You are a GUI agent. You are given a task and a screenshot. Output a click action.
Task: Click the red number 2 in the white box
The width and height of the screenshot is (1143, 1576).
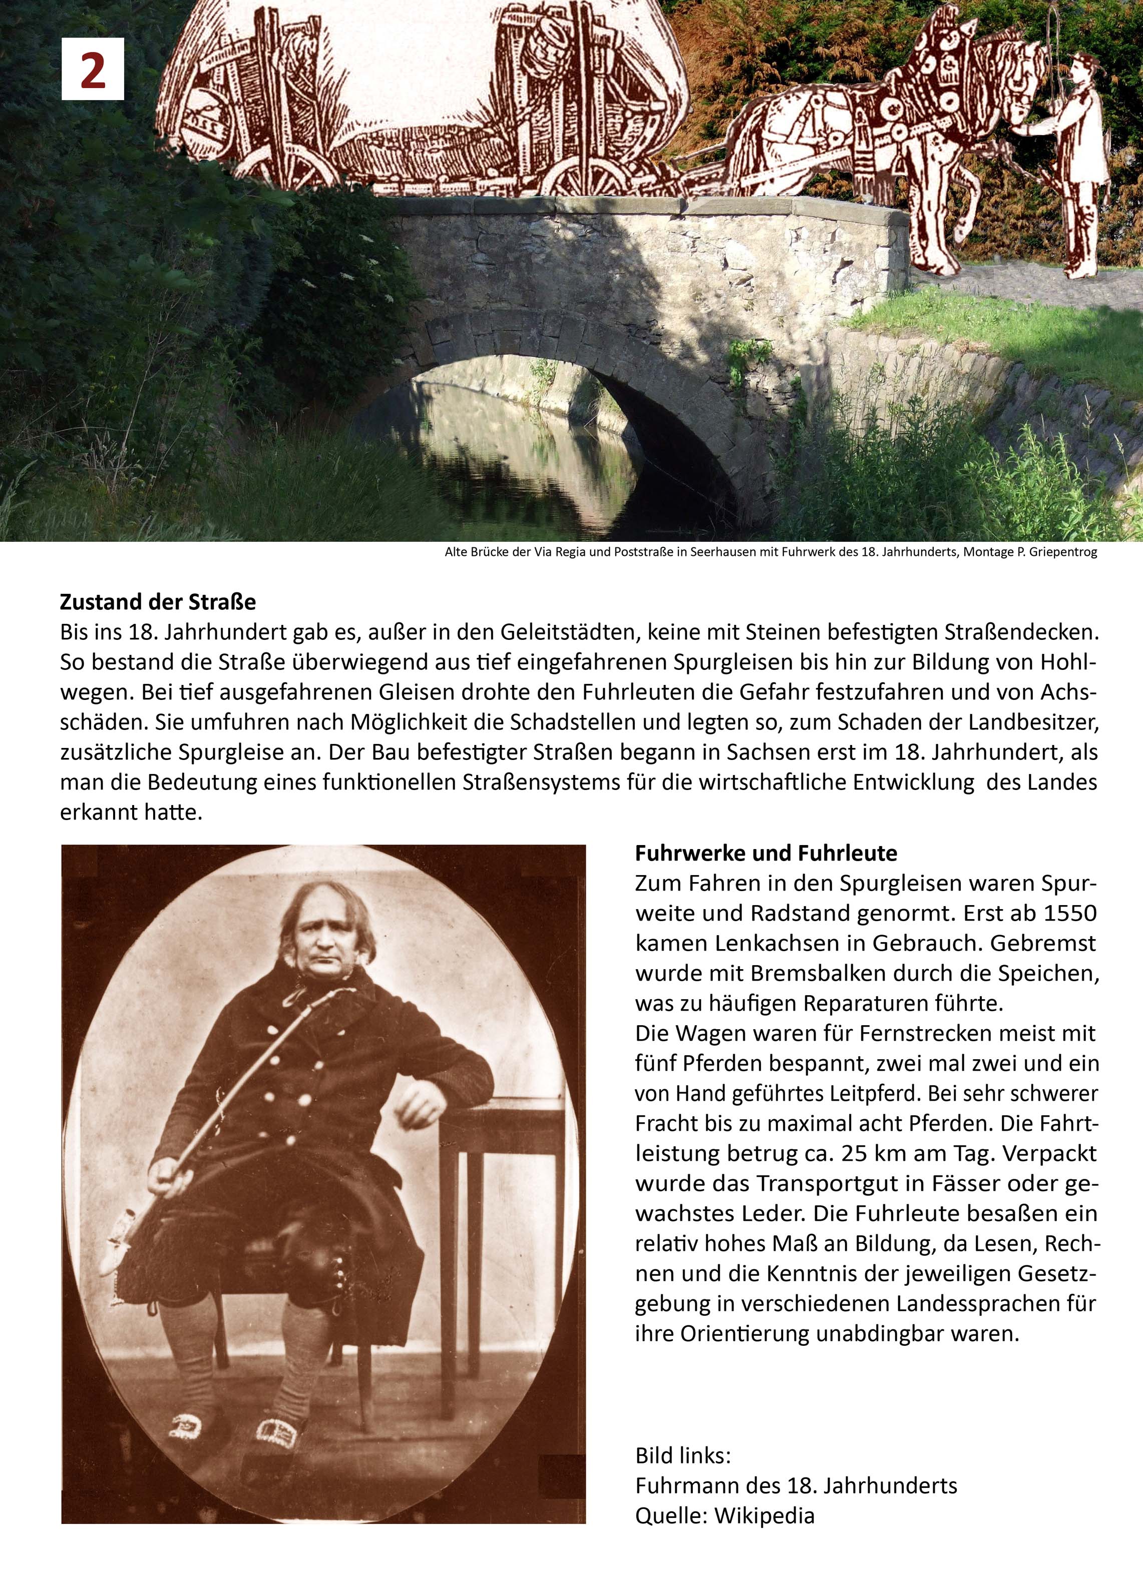click(x=93, y=70)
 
